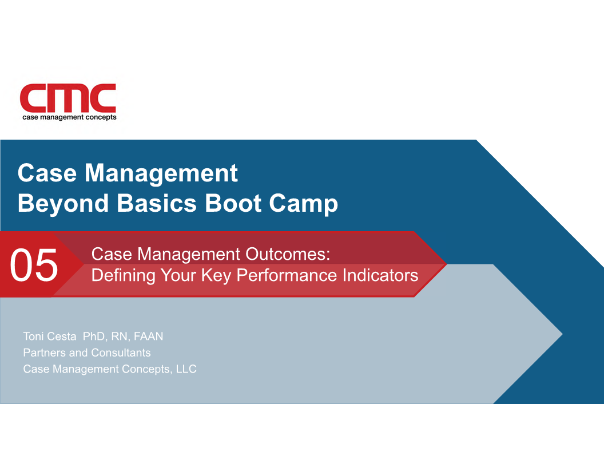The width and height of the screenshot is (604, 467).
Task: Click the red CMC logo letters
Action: tap(68, 98)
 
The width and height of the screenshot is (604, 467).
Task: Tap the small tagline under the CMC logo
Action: tap(69, 117)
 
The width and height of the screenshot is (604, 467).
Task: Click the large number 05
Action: tap(34, 265)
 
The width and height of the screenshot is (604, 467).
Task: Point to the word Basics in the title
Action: tap(157, 203)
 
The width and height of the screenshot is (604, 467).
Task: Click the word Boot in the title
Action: tap(233, 203)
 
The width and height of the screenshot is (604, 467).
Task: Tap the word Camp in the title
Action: tap(304, 204)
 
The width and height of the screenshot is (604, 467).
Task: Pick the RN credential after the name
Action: tap(120, 337)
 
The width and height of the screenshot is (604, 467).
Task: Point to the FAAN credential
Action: tap(148, 337)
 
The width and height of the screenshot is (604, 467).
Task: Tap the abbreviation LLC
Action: tap(186, 369)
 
